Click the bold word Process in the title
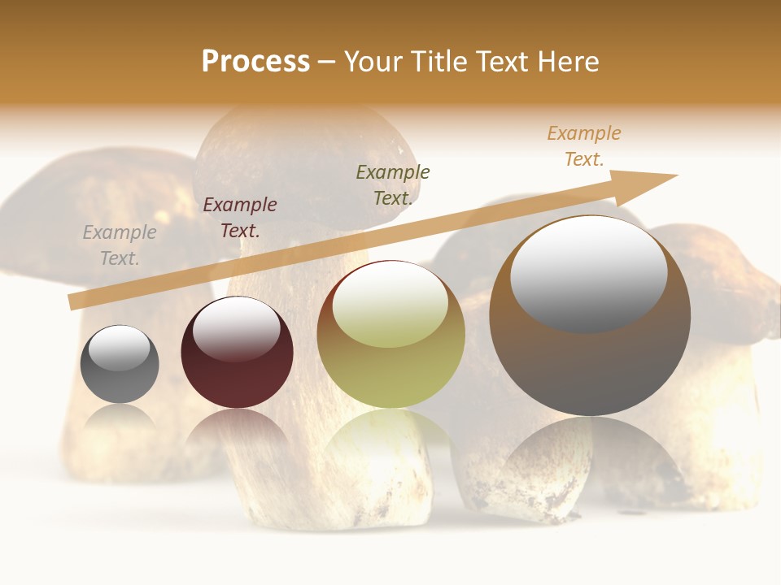click(x=255, y=62)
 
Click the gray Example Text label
click(x=120, y=245)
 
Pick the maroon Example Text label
click(x=240, y=218)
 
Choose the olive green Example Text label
click(x=393, y=185)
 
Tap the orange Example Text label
click(x=584, y=146)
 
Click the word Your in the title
click(x=375, y=62)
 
